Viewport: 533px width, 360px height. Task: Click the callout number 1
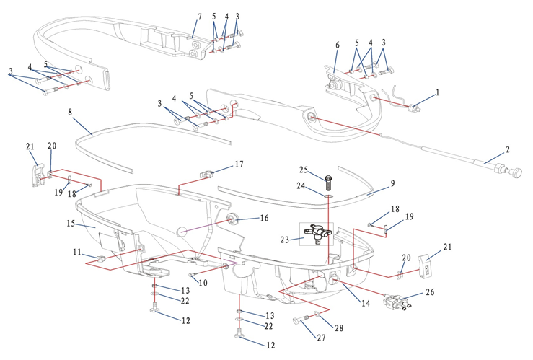[x=436, y=93]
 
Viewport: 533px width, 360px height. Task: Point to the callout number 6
[x=336, y=45]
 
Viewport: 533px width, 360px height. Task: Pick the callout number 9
[x=392, y=183]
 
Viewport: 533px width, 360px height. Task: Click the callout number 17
[x=239, y=164]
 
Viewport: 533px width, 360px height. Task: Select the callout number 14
[x=366, y=304]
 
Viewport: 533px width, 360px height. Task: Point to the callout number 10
[x=204, y=283]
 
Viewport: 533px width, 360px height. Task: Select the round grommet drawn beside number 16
[x=232, y=219]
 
